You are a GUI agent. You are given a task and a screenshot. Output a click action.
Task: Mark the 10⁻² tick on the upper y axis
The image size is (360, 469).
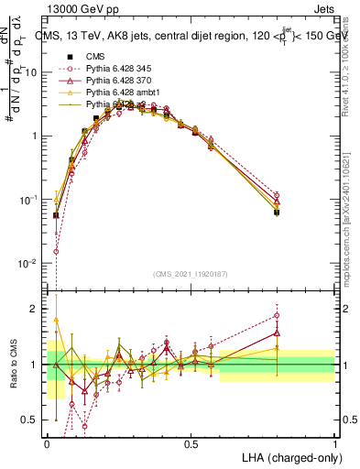32,264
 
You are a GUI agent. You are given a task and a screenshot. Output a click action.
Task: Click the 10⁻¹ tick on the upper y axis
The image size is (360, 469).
32,200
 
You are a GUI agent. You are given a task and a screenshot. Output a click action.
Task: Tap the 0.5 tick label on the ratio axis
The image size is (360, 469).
33,420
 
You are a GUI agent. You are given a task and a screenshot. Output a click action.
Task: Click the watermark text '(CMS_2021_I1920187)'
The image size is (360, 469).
191,274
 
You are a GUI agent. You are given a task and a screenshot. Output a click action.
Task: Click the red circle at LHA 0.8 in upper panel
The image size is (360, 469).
277,195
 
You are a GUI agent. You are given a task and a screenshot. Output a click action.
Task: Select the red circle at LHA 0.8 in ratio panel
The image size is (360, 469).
277,316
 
